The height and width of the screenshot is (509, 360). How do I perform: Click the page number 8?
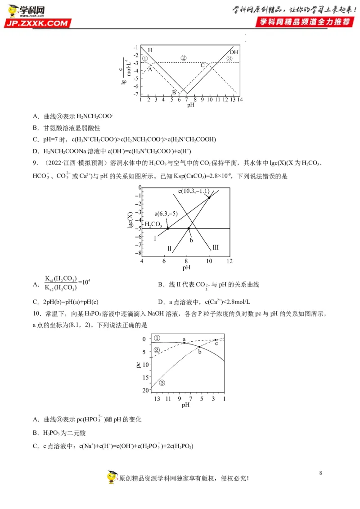pyautogui.click(x=320, y=473)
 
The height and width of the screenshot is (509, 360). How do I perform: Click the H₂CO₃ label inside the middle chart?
pyautogui.click(x=153, y=224)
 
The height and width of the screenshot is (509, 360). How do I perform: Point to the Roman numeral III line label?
pyautogui.click(x=216, y=247)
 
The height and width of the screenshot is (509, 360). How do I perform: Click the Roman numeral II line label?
pyautogui.click(x=169, y=248)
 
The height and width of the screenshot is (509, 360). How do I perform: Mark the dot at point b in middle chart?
pyautogui.click(x=189, y=229)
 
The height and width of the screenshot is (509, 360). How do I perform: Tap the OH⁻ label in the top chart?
pyautogui.click(x=234, y=52)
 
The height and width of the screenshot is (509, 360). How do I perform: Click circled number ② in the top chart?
pyautogui.click(x=183, y=58)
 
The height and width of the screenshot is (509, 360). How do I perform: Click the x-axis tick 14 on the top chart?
pyautogui.click(x=240, y=99)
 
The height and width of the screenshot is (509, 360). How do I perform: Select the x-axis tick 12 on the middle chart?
pyautogui.click(x=229, y=261)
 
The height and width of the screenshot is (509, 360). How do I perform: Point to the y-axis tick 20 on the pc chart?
pyautogui.click(x=144, y=390)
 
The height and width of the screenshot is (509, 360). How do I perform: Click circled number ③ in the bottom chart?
pyautogui.click(x=162, y=383)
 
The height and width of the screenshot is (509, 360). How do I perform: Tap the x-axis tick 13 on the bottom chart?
pyautogui.click(x=157, y=399)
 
